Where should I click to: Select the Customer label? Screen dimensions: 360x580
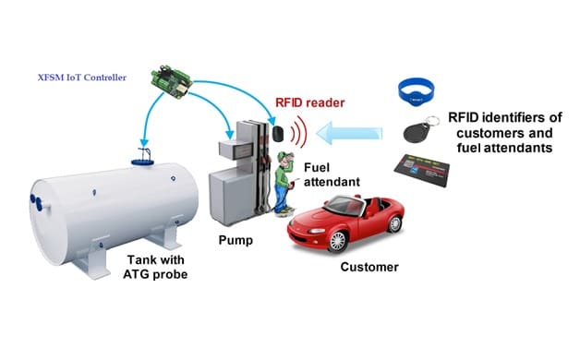[x=369, y=268]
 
